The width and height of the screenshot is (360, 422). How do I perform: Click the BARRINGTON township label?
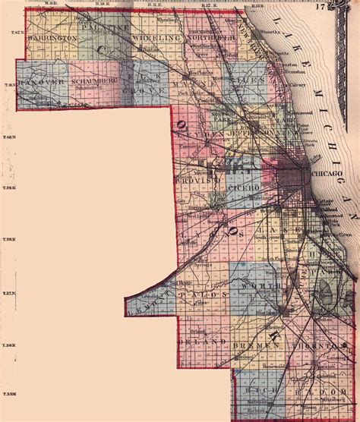pyautogui.click(x=51, y=36)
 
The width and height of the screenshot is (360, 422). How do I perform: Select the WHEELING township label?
pyautogui.click(x=156, y=36)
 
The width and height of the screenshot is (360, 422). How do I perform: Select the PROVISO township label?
pyautogui.click(x=197, y=185)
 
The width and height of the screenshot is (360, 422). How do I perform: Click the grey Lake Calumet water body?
pyautogui.click(x=327, y=291)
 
